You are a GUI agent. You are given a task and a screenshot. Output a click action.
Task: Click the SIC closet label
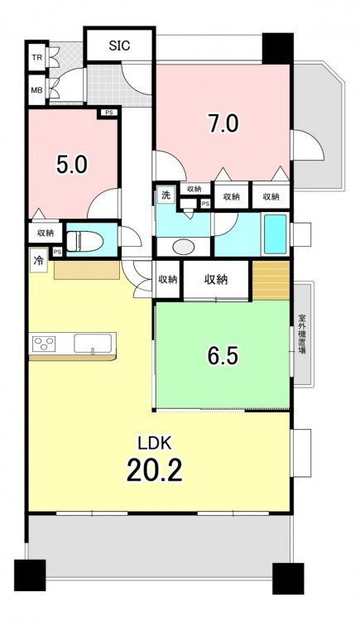click(x=120, y=46)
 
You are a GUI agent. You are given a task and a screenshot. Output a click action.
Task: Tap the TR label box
click(x=37, y=57)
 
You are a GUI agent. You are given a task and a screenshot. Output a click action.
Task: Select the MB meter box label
click(x=37, y=90)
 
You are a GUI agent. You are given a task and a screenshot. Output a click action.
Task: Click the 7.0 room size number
click(x=223, y=123)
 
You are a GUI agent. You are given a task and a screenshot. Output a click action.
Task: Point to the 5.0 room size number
click(x=72, y=165)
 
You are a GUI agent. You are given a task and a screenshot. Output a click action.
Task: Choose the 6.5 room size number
click(x=223, y=356)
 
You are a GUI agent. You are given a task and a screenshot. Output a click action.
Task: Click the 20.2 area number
click(x=155, y=469)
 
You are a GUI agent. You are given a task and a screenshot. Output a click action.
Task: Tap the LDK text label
click(x=155, y=444)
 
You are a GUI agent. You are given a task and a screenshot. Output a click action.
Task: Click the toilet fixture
click(x=84, y=240)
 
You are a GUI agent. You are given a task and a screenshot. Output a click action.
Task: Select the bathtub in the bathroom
click(x=276, y=235)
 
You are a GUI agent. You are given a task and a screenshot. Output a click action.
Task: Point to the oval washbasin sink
click(x=184, y=248)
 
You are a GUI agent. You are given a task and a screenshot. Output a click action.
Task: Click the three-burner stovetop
click(x=45, y=344)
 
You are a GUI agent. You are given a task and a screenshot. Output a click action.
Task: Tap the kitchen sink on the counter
click(x=93, y=343)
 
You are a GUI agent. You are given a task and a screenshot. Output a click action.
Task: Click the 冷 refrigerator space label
click(x=39, y=262)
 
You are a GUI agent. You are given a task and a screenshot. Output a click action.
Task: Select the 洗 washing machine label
click(x=166, y=195)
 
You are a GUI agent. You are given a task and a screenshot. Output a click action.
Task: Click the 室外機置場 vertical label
click(x=302, y=334)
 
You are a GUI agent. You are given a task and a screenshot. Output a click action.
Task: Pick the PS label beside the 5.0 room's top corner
click(x=109, y=113)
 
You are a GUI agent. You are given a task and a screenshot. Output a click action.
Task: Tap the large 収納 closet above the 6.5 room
click(x=216, y=280)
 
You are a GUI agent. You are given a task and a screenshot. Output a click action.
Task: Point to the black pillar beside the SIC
click(x=277, y=48)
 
